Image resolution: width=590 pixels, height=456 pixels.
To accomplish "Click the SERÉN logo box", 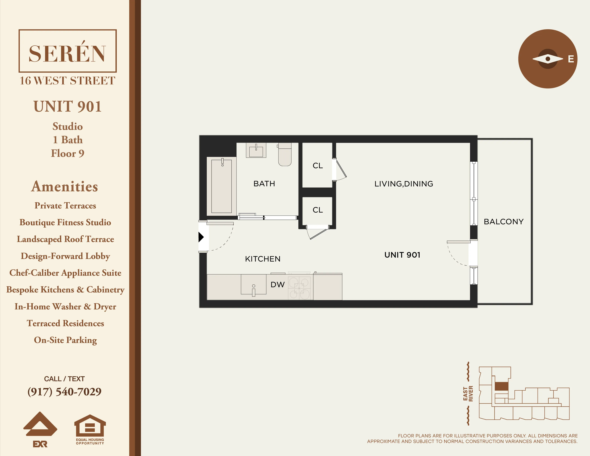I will [x=68, y=51].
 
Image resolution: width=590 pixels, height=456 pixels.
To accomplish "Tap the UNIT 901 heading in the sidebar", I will [x=68, y=106].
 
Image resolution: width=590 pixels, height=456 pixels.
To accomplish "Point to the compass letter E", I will [x=571, y=59].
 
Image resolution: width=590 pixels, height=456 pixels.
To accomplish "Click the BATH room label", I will [x=264, y=184].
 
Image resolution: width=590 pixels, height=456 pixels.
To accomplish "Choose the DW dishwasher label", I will [x=277, y=284].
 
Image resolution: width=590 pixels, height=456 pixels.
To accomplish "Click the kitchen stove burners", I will [x=299, y=288].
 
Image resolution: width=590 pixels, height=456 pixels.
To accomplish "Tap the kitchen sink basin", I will [x=253, y=284].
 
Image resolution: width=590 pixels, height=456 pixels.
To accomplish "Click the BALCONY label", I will [x=504, y=221].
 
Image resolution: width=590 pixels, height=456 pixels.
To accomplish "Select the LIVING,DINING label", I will [x=404, y=184].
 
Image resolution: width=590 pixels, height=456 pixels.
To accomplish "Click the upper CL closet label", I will [x=318, y=166].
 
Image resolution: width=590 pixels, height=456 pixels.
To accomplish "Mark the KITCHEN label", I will [x=263, y=259].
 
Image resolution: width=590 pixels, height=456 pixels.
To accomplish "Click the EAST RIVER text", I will [x=468, y=394].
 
